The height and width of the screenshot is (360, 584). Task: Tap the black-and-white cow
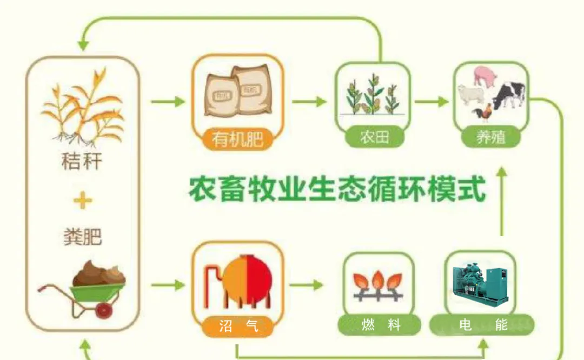509,95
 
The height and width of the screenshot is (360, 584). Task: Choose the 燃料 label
381,325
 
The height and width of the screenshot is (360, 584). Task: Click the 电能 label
483,325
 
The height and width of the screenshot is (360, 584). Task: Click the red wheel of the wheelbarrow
104,310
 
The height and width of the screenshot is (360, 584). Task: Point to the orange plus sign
83,202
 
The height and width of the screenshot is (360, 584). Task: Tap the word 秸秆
82,162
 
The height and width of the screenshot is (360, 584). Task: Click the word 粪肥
83,237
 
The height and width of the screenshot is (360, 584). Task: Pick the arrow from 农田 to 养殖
432,101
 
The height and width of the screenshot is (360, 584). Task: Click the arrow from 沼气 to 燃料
311,285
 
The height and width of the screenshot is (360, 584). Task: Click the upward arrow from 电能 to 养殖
502,200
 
